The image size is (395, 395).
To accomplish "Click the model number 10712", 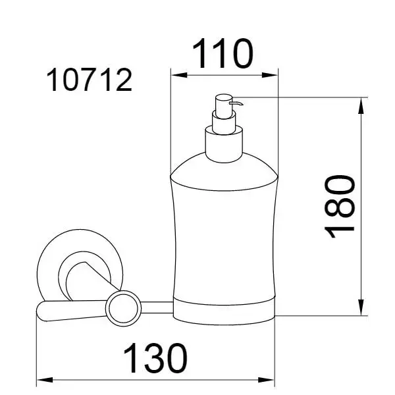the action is click(x=90, y=80).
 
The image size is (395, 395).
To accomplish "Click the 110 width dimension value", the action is click(x=223, y=54).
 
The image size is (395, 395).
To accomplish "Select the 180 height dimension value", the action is click(x=340, y=207).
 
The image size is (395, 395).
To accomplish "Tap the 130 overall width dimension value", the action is click(x=155, y=359).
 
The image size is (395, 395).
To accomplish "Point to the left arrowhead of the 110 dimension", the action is click(x=179, y=75).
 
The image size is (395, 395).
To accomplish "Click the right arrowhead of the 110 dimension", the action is click(x=269, y=75).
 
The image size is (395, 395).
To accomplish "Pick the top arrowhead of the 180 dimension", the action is click(x=361, y=105).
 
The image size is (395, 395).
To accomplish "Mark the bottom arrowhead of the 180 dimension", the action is click(x=361, y=307).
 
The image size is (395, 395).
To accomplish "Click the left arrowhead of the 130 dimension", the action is click(x=45, y=380).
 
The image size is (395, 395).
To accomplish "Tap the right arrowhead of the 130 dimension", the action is click(x=266, y=380).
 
